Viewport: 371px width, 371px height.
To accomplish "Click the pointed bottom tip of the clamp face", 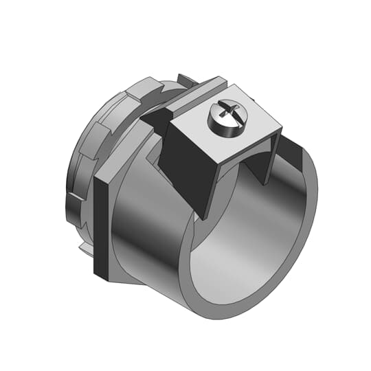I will point(205,214).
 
